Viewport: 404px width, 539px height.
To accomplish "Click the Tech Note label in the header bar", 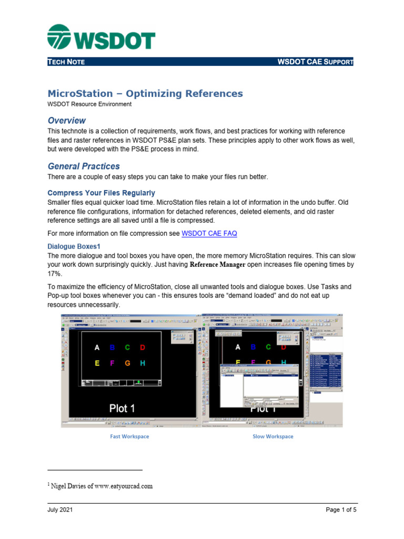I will tap(66, 62).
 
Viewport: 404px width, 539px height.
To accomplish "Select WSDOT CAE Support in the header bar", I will tap(315, 62).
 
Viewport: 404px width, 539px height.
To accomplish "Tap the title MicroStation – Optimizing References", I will tap(145, 94).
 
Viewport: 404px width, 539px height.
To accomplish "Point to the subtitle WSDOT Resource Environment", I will tap(89, 104).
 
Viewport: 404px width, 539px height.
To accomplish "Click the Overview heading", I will tap(67, 121).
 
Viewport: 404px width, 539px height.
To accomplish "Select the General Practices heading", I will tap(84, 166).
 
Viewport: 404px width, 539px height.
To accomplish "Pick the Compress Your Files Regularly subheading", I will tap(101, 193).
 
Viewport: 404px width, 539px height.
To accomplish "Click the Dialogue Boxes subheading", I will tap(74, 246).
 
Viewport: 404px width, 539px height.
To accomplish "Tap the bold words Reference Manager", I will tap(217, 265).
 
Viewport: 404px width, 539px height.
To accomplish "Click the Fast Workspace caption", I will tap(129, 436).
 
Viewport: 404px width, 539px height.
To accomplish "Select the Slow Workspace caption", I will tap(273, 436).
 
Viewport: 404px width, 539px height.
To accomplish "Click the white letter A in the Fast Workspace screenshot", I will tap(97, 347).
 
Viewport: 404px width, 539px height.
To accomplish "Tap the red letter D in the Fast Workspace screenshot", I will tap(143, 347).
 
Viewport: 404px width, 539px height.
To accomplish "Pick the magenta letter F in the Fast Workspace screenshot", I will tap(112, 363).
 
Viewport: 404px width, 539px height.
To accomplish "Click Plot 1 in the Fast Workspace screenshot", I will tap(122, 408).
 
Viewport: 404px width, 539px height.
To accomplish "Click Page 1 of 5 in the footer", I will tap(337, 510).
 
